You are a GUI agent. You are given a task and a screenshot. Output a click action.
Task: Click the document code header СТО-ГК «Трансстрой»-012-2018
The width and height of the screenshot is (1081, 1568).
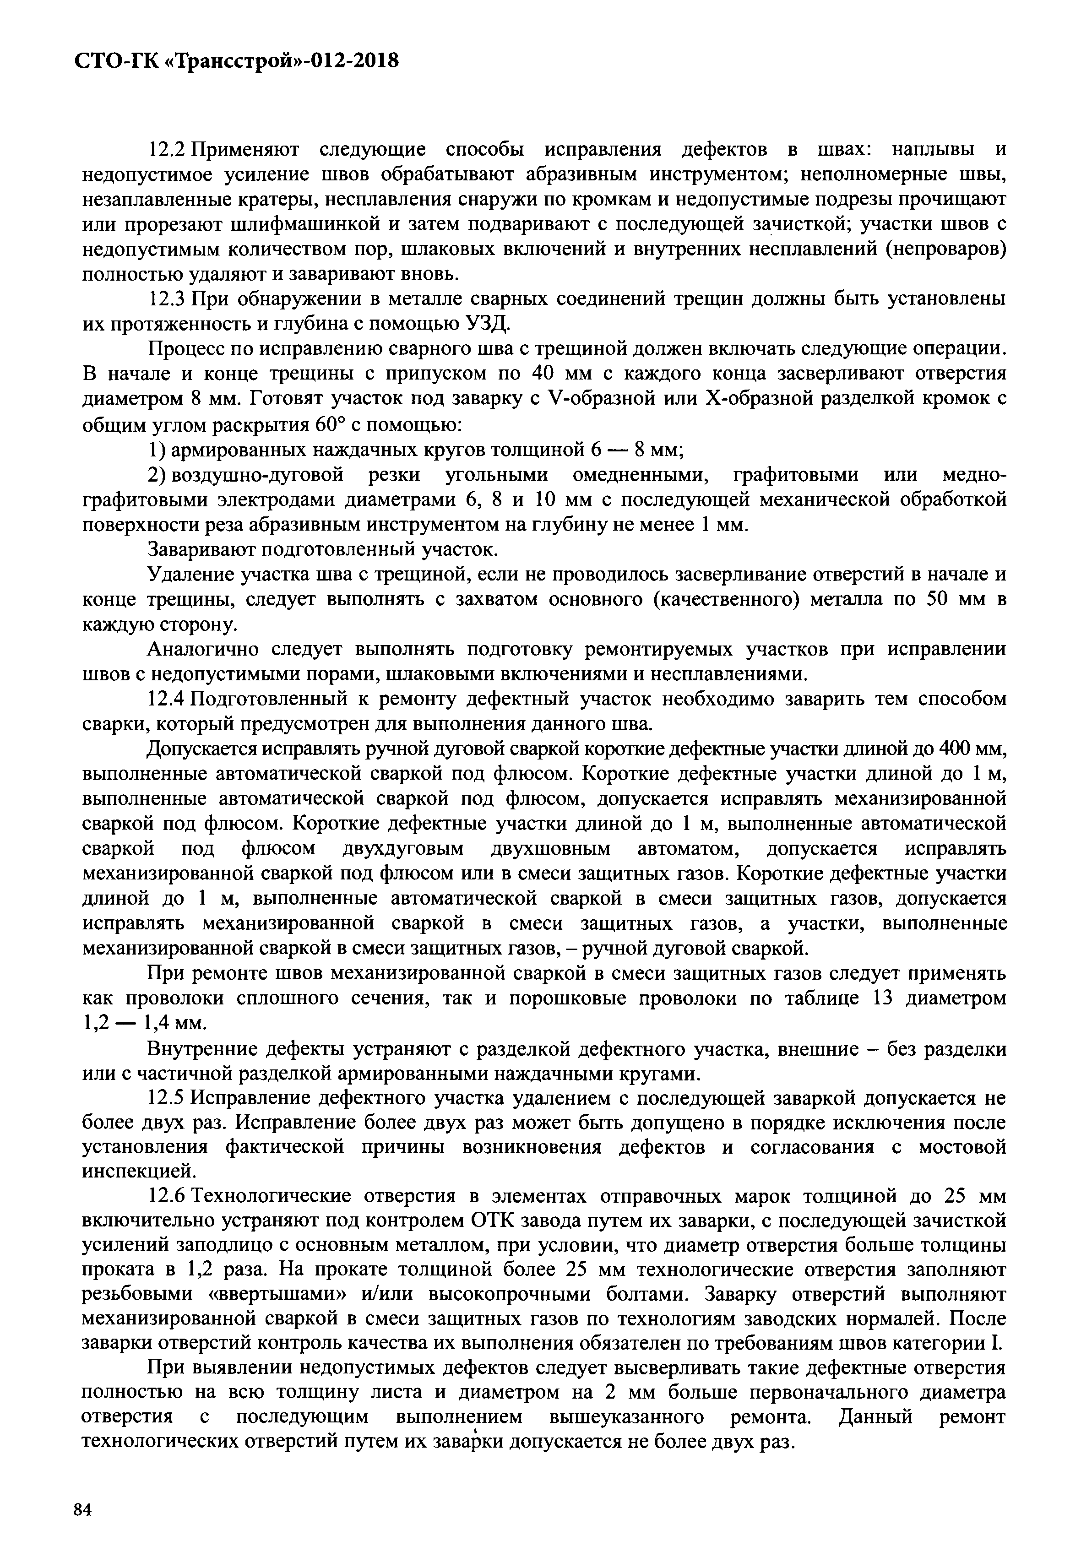(236, 62)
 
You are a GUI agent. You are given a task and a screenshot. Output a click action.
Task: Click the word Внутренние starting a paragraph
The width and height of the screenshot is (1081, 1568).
(202, 1048)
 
